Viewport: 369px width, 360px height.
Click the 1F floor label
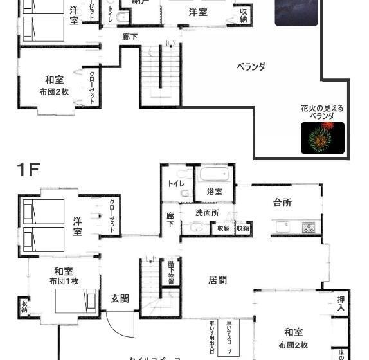tap(28, 170)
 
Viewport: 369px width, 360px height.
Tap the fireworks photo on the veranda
tap(322, 138)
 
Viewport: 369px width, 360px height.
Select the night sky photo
tap(296, 13)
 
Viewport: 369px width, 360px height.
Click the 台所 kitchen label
tap(282, 203)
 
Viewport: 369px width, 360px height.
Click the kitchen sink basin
tap(283, 228)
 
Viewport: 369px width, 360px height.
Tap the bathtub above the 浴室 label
tap(214, 175)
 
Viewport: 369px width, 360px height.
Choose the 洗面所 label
tap(208, 213)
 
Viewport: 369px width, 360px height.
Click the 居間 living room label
tap(217, 280)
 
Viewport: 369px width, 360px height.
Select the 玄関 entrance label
tap(120, 298)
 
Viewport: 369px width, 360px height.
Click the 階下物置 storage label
tap(172, 272)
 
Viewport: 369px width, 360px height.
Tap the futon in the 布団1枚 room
tap(75, 301)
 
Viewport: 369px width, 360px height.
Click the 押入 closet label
tap(341, 303)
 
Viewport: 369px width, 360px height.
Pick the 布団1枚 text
tap(64, 281)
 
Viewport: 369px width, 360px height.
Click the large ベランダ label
tap(251, 66)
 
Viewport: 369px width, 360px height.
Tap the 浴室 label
tap(214, 192)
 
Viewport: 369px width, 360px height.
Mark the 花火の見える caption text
tap(321, 109)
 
